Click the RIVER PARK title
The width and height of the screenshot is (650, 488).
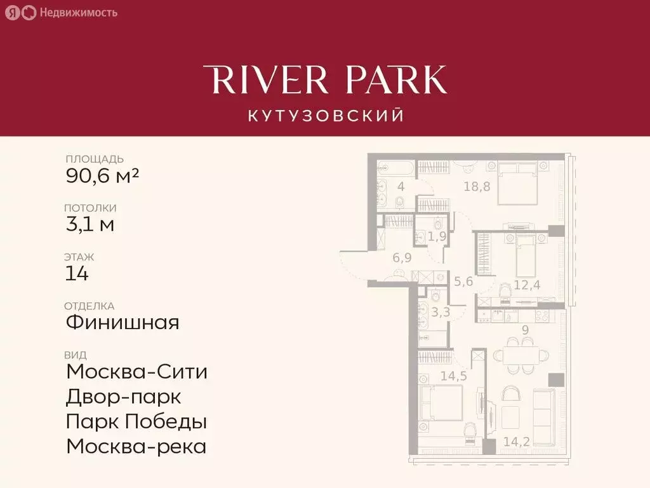click(325, 81)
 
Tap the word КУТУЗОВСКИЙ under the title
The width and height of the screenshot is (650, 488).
click(325, 116)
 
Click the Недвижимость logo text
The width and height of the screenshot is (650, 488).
click(78, 12)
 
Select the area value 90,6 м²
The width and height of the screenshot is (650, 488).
click(102, 175)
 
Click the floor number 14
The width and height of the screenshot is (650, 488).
click(77, 273)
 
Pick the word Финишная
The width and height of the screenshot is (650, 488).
click(123, 322)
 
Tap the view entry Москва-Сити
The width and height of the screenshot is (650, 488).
click(136, 371)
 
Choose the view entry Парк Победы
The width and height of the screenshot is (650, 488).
click(136, 421)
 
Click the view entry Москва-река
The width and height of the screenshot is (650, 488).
click(136, 446)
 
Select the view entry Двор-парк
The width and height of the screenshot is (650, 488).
click(124, 396)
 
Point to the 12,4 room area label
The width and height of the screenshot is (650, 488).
click(526, 285)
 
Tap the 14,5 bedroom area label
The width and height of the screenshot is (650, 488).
click(453, 376)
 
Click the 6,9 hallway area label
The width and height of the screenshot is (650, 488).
click(402, 257)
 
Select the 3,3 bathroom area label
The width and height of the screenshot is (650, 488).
click(441, 312)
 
